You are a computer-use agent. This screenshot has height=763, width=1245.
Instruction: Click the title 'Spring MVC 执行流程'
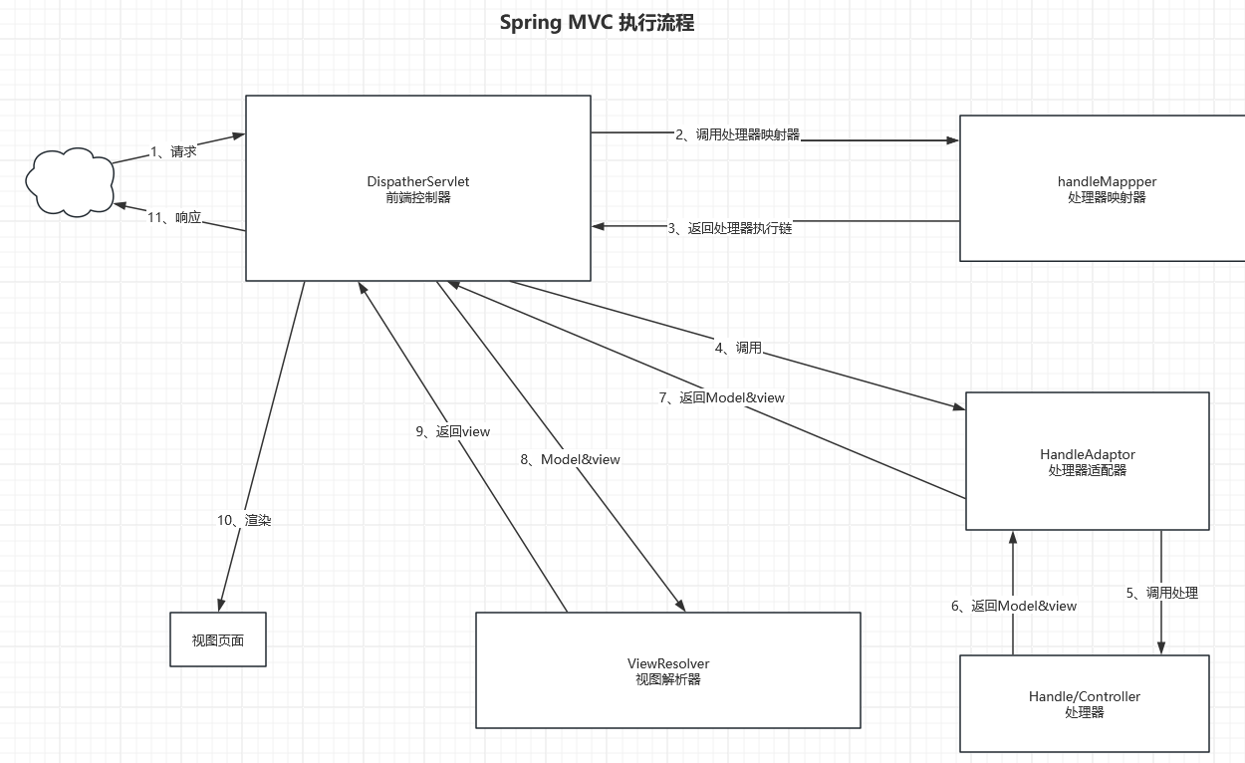click(597, 23)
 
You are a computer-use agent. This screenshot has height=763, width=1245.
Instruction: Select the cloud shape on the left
click(69, 181)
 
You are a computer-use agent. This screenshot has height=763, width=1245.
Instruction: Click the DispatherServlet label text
click(418, 182)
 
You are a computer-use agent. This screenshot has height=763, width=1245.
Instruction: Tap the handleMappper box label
click(1107, 182)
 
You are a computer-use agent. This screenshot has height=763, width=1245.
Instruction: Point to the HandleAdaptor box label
click(1088, 455)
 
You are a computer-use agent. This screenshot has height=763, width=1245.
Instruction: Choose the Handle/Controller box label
click(1085, 697)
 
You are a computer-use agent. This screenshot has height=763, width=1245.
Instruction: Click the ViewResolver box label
click(668, 663)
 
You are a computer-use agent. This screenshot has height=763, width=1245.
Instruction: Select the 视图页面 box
click(218, 640)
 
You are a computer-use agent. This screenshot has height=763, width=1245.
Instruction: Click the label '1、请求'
click(173, 151)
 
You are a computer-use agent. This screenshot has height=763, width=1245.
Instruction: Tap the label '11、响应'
click(174, 218)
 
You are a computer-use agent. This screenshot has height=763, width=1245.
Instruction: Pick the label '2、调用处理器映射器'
click(737, 134)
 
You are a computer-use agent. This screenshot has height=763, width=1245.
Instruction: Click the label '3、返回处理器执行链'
click(730, 228)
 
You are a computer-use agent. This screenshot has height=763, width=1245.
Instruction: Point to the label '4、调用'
click(738, 348)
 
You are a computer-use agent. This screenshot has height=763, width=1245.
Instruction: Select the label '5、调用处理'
click(1161, 593)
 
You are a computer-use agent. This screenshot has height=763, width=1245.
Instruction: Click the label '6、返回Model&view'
click(1014, 606)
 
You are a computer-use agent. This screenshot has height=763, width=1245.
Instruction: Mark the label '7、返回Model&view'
click(722, 397)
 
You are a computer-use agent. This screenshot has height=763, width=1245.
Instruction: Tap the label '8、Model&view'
click(570, 459)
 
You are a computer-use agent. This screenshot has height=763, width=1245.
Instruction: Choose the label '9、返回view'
click(453, 431)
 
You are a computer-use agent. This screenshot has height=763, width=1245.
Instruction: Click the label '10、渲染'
click(244, 520)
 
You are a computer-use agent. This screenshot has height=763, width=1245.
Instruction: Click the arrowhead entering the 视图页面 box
click(221, 605)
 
